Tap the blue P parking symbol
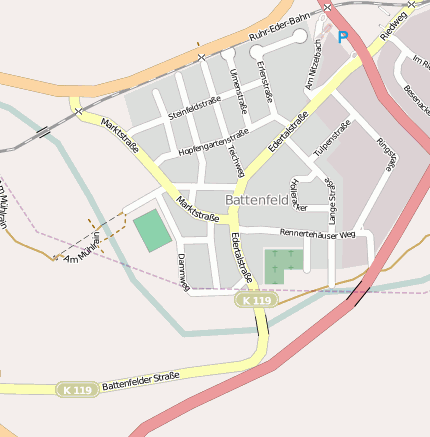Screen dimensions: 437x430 pyautogui.click(x=343, y=38)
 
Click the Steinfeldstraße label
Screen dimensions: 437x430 pyautogui.click(x=194, y=107)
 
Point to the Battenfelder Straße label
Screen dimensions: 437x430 pyautogui.click(x=140, y=380)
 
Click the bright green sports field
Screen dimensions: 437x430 pyautogui.click(x=152, y=230)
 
